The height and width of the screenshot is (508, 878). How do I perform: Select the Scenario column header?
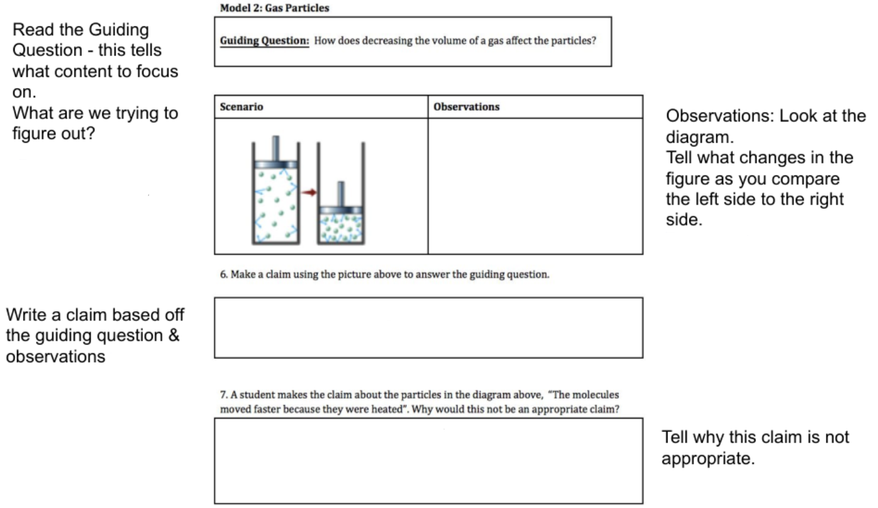click(242, 107)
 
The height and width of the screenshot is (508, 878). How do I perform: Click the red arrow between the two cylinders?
click(308, 192)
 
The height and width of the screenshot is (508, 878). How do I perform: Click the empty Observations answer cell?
click(535, 186)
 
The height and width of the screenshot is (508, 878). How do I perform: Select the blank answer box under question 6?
click(428, 328)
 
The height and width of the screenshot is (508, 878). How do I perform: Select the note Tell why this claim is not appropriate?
click(755, 446)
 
